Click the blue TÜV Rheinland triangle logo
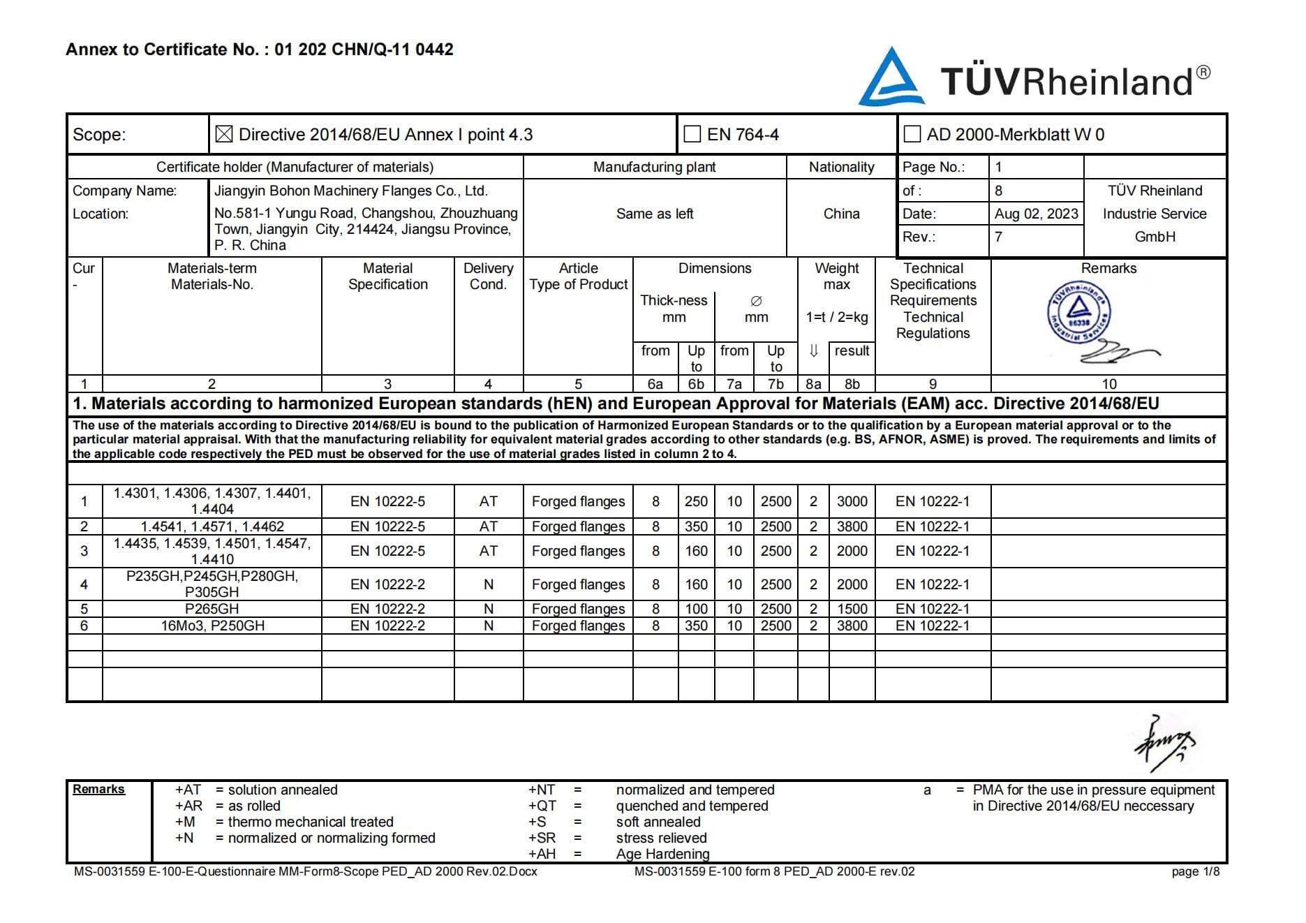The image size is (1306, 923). [x=891, y=79]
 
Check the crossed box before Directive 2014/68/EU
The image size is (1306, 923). [x=224, y=135]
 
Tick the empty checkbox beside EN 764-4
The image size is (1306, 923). [x=692, y=135]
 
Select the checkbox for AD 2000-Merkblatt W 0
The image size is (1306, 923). [x=912, y=135]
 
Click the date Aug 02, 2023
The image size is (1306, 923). [x=1036, y=214]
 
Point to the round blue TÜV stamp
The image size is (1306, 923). [x=1078, y=314]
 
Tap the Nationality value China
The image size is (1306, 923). [x=841, y=214]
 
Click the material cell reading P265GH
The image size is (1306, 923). [x=212, y=609]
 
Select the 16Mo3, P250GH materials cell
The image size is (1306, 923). [x=212, y=626]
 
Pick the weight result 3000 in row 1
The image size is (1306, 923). [x=852, y=501]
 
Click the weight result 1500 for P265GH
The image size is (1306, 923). [x=852, y=609]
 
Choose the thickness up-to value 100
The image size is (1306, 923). [x=696, y=609]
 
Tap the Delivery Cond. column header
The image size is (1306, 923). [x=488, y=276]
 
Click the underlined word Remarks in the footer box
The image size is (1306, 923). [x=98, y=789]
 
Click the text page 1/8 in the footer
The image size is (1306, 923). [x=1195, y=871]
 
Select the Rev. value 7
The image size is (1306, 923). [x=998, y=237]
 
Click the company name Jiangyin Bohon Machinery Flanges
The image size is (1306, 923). [x=350, y=191]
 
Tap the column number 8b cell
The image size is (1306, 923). [x=852, y=384]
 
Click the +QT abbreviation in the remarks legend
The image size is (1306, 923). [x=542, y=806]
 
